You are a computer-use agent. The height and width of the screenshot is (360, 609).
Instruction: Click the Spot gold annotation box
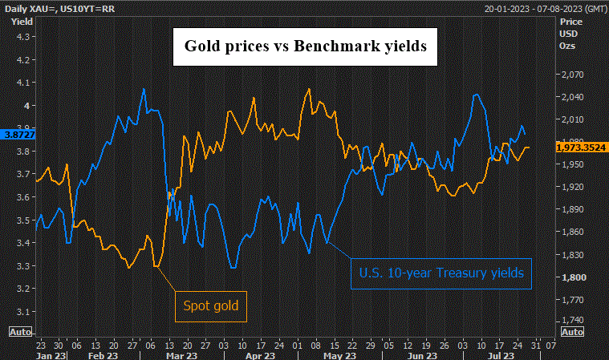pyautogui.click(x=212, y=305)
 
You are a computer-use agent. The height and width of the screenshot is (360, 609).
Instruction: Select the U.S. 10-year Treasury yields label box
pyautogui.click(x=441, y=273)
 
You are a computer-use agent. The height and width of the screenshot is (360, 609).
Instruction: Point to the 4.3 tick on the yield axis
pyautogui.click(x=22, y=37)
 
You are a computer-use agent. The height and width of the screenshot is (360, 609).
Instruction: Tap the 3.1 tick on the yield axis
pyautogui.click(x=22, y=312)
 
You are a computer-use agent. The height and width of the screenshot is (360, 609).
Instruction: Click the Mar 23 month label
pyautogui.click(x=184, y=355)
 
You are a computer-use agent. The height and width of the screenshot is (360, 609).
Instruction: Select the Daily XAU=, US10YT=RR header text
pyautogui.click(x=55, y=8)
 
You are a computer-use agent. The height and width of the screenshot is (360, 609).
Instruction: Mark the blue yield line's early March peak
pyautogui.click(x=144, y=89)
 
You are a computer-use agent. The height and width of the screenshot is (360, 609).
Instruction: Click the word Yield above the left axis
pyautogui.click(x=21, y=21)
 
